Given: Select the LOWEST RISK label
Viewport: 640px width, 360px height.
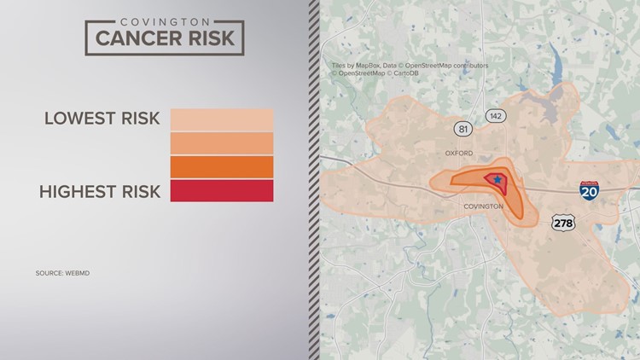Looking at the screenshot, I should (102, 118).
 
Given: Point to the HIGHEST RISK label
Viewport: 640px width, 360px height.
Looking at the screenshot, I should (100, 191).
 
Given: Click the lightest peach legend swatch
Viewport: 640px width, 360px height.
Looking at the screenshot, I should (222, 119).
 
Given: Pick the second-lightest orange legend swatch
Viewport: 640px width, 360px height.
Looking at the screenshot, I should (222, 142).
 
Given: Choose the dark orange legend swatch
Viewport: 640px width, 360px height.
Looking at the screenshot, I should (222, 166).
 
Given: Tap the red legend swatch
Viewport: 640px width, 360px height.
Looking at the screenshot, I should (222, 190).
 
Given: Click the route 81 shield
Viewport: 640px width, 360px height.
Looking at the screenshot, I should (463, 129).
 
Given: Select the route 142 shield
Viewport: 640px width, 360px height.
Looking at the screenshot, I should (495, 115).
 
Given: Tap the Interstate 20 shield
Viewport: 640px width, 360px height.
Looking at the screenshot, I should (589, 191).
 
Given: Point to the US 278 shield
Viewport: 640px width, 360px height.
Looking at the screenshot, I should (564, 222).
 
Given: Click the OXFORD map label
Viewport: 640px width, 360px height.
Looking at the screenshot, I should (458, 154).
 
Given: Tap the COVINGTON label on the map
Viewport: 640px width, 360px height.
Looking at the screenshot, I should (483, 206).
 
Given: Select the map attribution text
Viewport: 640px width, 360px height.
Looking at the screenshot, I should (410, 69).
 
